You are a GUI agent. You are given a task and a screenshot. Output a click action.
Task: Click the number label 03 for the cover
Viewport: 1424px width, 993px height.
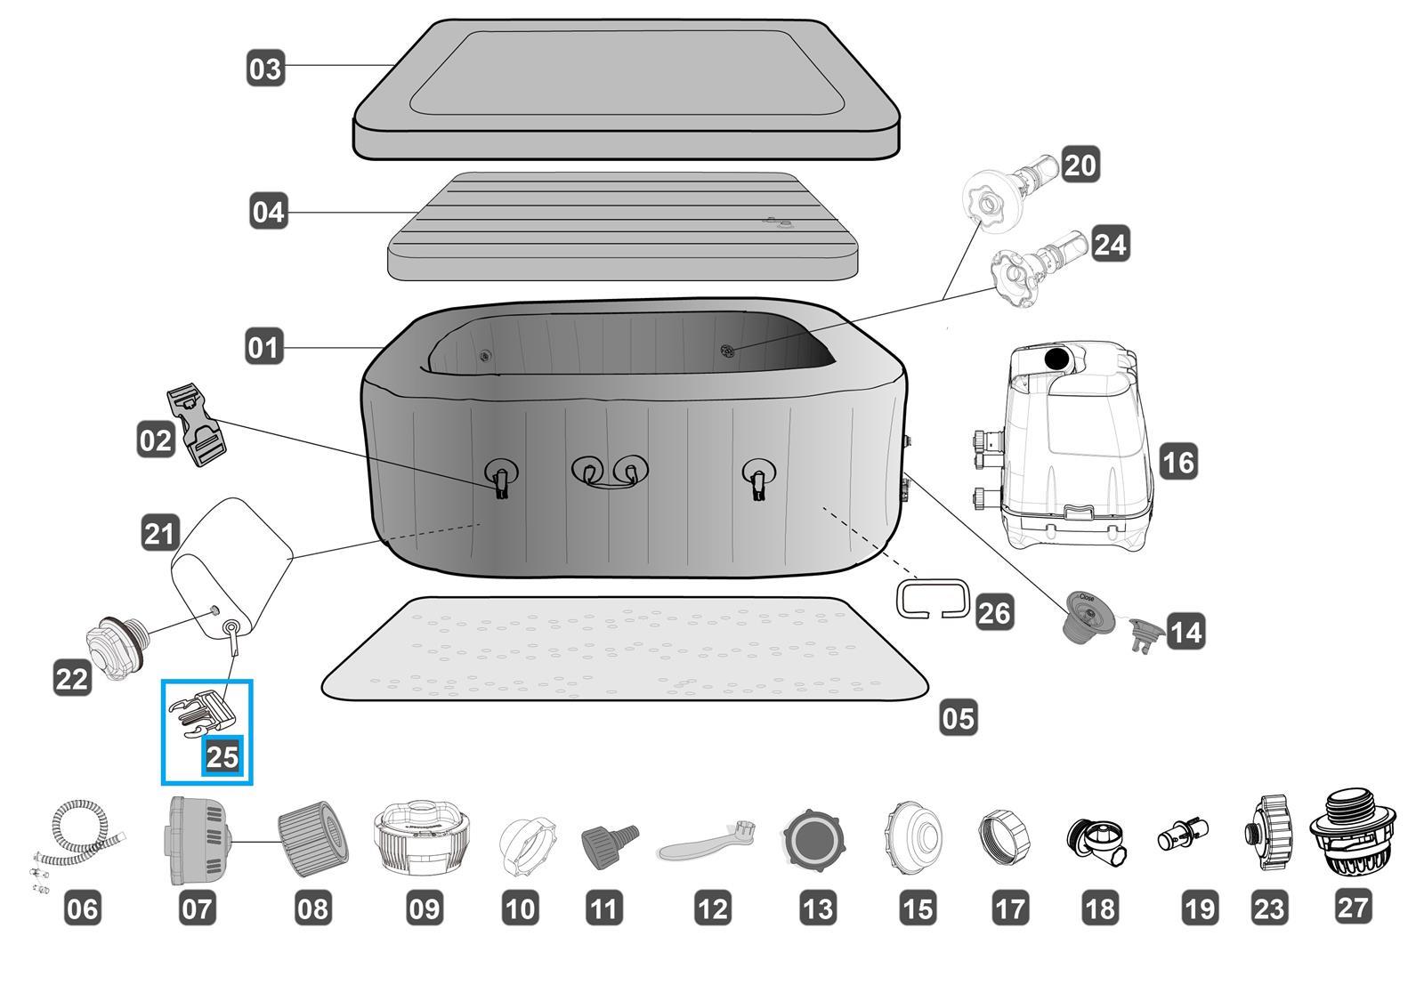[265, 69]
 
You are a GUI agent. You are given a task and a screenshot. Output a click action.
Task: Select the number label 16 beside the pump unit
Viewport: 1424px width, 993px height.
[1178, 462]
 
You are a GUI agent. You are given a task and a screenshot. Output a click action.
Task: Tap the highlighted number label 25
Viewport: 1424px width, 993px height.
[222, 756]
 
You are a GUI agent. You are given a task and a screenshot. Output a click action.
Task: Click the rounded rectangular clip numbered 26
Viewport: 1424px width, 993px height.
[932, 597]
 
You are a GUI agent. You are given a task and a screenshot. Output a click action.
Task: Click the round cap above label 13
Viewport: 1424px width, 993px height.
[813, 840]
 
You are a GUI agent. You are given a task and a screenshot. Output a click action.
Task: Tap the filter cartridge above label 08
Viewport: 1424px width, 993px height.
[312, 837]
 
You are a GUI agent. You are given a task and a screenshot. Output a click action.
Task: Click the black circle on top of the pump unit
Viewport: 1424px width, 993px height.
[1056, 359]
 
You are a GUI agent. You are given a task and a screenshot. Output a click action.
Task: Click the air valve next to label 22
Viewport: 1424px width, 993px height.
[115, 646]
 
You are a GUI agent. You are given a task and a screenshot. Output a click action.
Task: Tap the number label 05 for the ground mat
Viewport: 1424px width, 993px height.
[958, 717]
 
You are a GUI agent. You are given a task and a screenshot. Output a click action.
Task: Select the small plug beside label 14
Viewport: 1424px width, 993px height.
[1145, 634]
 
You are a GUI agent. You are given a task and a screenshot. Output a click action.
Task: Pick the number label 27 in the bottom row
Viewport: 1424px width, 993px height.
[1353, 907]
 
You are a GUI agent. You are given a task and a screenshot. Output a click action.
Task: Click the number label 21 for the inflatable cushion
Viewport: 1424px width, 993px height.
[160, 534]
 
